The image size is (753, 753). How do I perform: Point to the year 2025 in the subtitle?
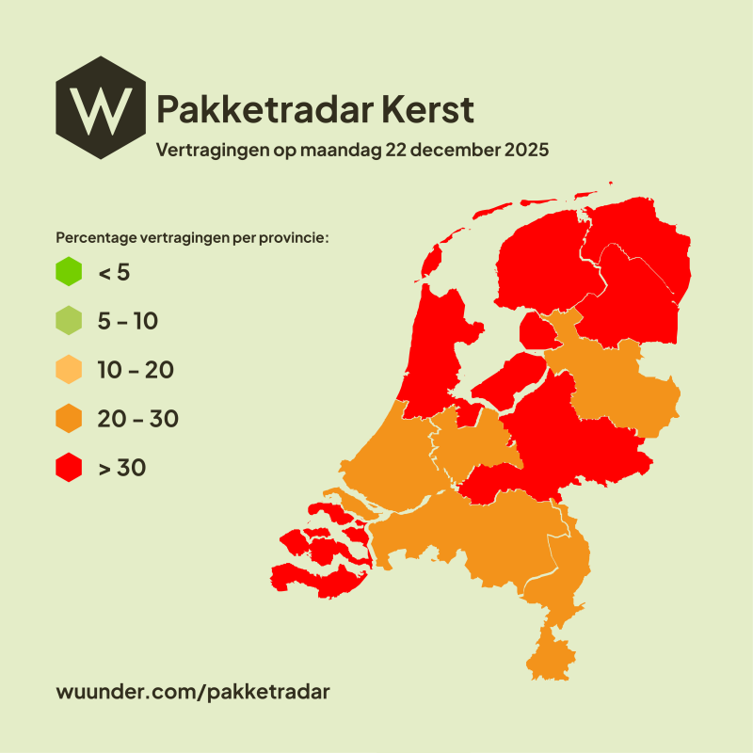point(523,150)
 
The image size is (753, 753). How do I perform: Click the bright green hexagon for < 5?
point(70,272)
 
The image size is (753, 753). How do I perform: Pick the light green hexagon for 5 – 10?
point(70,321)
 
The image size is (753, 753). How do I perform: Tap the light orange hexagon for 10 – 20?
point(70,370)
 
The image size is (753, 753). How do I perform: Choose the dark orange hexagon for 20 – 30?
point(70,419)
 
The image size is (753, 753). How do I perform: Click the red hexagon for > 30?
point(70,467)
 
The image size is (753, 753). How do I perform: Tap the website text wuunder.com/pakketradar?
point(194,691)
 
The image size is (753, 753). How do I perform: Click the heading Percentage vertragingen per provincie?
point(193,237)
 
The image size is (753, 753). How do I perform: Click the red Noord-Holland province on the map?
point(435,348)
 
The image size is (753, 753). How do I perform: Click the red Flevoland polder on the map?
point(508,376)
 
